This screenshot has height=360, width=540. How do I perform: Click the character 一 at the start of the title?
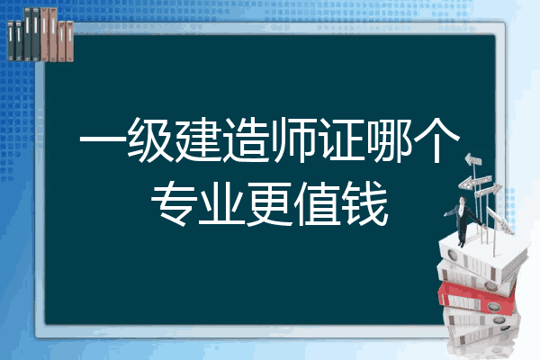[x=102, y=140]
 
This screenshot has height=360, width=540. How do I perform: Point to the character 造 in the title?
[x=246, y=139]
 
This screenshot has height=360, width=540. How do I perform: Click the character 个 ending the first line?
[x=437, y=139]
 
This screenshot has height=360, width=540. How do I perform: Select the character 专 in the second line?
[x=174, y=203]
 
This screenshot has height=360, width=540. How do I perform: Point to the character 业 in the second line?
[x=221, y=204]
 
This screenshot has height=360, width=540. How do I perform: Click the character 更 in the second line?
[x=270, y=203]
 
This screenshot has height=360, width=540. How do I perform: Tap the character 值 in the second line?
[x=318, y=203]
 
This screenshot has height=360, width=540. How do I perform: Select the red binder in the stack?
[x=477, y=298]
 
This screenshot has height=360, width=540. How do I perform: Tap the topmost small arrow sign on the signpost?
[x=472, y=160]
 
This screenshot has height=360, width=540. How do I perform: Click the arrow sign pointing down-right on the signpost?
[x=500, y=220]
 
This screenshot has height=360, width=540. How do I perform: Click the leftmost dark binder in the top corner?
[x=11, y=40]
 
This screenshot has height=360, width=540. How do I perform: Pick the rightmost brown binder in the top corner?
[x=69, y=41]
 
